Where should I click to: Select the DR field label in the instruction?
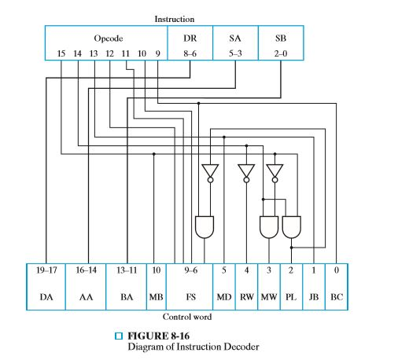[190, 38]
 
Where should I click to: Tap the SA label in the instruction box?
[235, 38]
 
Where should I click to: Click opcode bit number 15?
[61, 53]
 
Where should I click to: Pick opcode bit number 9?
[157, 53]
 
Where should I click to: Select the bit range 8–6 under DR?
[190, 53]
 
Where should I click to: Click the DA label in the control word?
[46, 298]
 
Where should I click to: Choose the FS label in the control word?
[189, 298]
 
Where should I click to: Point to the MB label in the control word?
[156, 298]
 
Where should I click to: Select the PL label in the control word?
[291, 298]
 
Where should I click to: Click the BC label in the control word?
[336, 298]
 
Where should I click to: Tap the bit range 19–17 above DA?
[46, 270]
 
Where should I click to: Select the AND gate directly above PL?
[291, 227]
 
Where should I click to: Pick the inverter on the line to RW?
[246, 171]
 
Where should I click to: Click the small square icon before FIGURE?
[119, 336]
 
